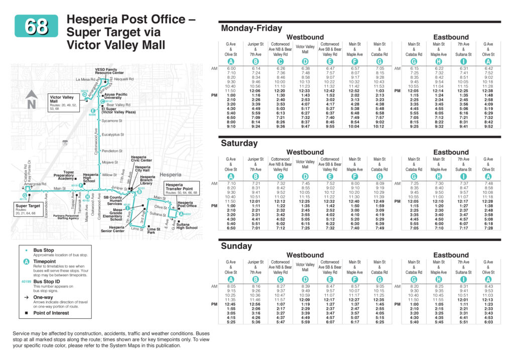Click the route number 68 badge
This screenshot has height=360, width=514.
tap(36, 26)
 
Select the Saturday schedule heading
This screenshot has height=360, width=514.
tap(239, 143)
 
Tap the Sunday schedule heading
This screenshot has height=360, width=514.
tap(236, 246)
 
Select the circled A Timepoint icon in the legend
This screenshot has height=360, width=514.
tap(26, 262)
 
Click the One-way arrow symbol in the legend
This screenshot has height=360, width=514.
tap(26, 297)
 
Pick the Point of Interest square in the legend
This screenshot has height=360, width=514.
tap(26, 312)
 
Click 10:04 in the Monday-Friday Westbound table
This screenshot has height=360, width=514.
tap(354, 127)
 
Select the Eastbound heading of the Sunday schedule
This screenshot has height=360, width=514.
tap(450, 255)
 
